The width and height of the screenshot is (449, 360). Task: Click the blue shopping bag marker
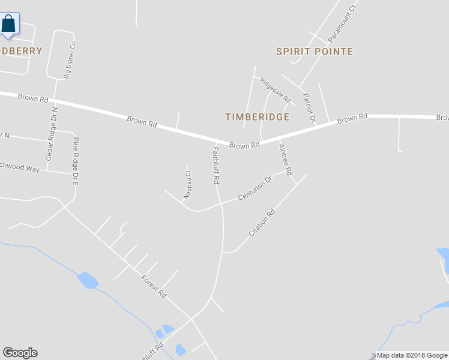[x=9, y=24]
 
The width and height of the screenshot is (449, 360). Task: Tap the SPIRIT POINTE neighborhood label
[x=314, y=52]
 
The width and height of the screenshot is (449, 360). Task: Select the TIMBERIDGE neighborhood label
[x=257, y=117]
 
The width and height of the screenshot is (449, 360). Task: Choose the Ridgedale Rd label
[x=275, y=89]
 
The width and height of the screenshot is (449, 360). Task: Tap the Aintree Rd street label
[x=285, y=160]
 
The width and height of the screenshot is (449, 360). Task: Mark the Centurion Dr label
[x=255, y=188]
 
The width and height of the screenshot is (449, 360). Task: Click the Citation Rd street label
[x=262, y=222]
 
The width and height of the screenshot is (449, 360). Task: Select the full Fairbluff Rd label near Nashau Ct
[x=216, y=164]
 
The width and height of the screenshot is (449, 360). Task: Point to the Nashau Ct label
[x=187, y=184]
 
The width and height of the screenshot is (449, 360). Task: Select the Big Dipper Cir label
[x=70, y=61]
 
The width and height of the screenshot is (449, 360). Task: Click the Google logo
[x=20, y=353]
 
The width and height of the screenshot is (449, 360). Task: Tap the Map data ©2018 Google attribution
[x=412, y=355]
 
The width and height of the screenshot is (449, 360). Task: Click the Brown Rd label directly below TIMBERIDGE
[x=244, y=145]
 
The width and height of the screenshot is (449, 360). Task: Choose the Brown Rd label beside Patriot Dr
[x=352, y=119]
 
